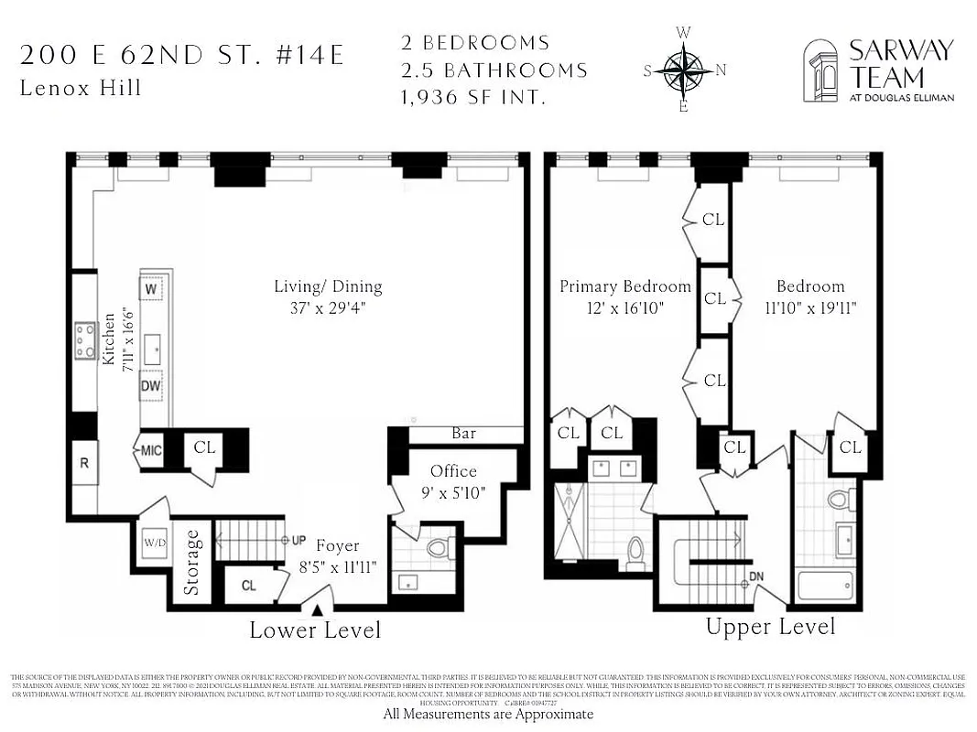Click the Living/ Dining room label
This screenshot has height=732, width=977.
coord(328,286)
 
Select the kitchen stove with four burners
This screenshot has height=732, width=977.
coord(85,340)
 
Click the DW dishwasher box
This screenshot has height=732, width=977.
coord(150,386)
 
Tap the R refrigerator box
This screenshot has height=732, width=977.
coord(84,463)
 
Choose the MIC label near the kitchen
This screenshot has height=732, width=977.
coord(149,450)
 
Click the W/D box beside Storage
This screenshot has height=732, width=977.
coord(154,544)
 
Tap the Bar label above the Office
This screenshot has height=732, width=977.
coord(463,434)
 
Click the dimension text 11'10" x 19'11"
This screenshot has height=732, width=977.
coord(811,307)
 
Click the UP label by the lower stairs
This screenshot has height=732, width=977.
coord(299,541)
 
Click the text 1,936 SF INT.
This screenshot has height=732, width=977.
coord(473,95)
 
